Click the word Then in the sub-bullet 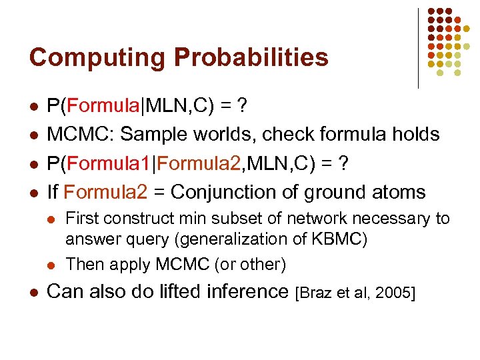pos(83,264)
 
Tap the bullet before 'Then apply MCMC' pos(53,265)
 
